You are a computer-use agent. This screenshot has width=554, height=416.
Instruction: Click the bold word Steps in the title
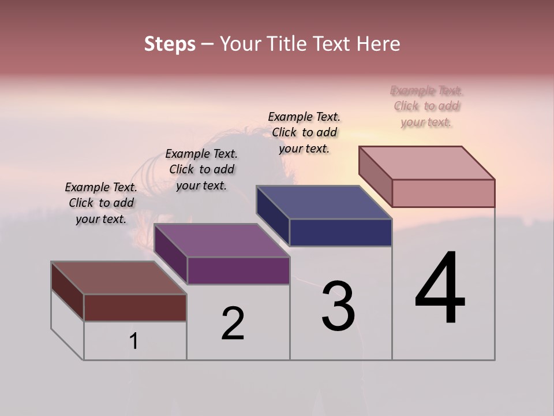[170, 44]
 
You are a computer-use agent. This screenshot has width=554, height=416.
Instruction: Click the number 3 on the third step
[338, 306]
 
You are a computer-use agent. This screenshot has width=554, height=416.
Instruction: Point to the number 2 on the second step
[233, 324]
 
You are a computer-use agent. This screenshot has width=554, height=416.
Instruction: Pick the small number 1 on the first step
[134, 341]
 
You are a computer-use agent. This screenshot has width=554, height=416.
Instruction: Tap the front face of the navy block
[340, 232]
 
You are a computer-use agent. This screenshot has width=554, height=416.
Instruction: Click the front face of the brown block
[135, 307]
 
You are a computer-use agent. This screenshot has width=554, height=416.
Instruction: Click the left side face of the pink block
[375, 176]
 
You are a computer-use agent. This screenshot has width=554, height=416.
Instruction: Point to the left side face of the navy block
[272, 215]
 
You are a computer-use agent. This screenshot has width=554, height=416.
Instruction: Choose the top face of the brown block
[118, 278]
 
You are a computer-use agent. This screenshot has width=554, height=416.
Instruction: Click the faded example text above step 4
[426, 106]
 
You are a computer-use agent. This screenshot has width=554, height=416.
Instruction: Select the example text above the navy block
[304, 132]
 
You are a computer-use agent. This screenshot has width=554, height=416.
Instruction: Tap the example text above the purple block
[201, 169]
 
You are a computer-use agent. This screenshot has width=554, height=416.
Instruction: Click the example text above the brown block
[101, 203]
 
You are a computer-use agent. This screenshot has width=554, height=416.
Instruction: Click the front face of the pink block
[443, 193]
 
